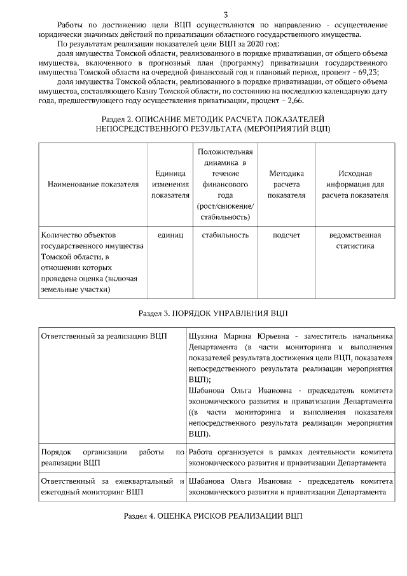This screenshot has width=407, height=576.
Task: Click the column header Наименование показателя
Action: point(93,184)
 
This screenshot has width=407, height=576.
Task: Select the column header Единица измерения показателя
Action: point(170,184)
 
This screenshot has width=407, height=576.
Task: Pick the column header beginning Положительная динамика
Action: point(225,184)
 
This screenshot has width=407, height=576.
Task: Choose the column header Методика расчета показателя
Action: point(286,184)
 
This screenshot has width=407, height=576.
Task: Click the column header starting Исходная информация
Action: point(355,184)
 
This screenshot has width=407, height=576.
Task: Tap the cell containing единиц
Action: point(170,235)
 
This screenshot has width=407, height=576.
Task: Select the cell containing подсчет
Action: point(286,235)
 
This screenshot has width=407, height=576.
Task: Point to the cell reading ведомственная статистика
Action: point(355,241)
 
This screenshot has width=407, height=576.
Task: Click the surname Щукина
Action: point(203,335)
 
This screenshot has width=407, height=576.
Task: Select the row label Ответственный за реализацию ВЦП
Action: point(103,335)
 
